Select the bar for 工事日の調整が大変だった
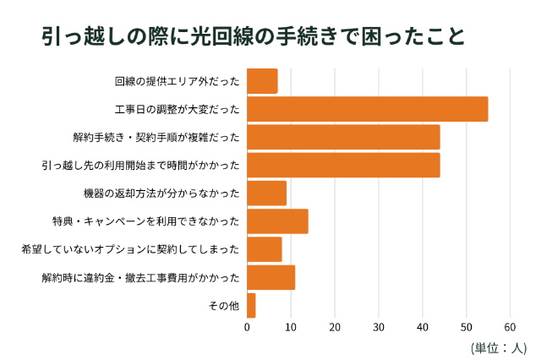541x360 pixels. pos(367,109)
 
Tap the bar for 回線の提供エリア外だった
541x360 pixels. pos(262,81)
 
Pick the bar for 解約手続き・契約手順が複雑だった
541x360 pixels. pos(343,137)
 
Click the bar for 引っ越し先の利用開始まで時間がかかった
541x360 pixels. pos(343,165)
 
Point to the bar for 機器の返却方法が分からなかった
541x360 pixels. pos(266,193)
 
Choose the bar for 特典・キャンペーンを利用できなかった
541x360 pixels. pos(277,221)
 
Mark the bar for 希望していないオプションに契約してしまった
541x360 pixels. pos(264,249)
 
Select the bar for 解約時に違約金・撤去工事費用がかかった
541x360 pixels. pos(270,277)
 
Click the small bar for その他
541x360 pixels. pos(251,305)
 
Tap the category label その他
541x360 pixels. pos(223,305)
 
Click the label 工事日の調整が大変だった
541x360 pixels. pos(177,109)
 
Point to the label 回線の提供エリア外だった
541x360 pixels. pos(177,81)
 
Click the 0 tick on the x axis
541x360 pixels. pos(247,326)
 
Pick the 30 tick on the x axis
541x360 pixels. pos(379,326)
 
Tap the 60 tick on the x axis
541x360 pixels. pos(510,326)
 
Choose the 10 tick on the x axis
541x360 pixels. pos(291,326)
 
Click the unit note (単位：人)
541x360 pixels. pos(499,346)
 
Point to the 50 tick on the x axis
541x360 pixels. pos(466,326)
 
